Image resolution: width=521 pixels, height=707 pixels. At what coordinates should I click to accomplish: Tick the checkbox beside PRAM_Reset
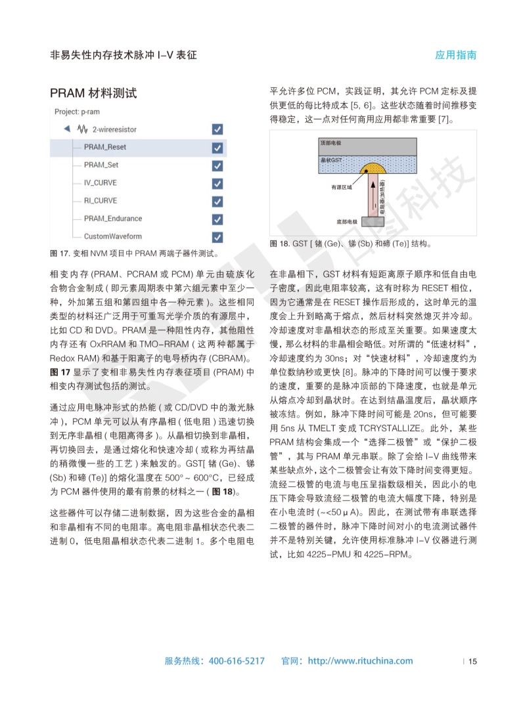[217, 147]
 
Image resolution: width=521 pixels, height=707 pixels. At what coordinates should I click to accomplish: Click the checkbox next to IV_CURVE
[217, 183]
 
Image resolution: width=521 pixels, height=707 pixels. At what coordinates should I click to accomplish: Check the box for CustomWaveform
[217, 236]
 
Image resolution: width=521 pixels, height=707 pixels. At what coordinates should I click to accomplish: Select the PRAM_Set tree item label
[101, 165]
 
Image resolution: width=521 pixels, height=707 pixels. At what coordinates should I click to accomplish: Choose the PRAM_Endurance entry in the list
[112, 219]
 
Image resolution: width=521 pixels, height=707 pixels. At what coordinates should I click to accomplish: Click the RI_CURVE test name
[100, 201]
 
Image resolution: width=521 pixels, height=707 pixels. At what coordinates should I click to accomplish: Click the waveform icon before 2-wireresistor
[83, 129]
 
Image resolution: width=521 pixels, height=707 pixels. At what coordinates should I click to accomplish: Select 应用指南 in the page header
[455, 55]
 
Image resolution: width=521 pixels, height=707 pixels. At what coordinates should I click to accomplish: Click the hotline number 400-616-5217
[237, 661]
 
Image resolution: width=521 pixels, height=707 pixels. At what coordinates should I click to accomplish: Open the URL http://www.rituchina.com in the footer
[361, 661]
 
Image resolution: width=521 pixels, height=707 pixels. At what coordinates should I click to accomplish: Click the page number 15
[472, 661]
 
